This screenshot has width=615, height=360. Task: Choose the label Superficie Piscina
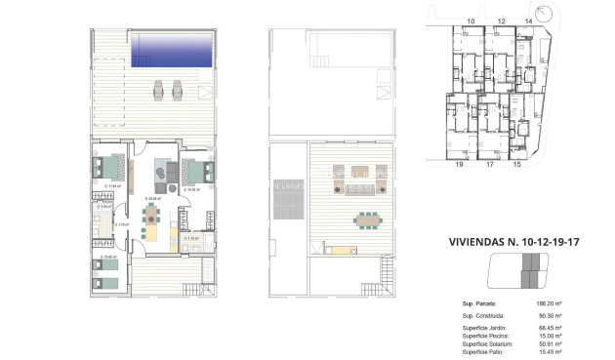click(x=485, y=337)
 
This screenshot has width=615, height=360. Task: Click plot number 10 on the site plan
click(x=471, y=20)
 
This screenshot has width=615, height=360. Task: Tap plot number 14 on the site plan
click(x=529, y=20)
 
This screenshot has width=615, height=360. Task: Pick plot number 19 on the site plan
click(x=457, y=166)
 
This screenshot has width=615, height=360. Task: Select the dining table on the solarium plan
click(x=366, y=220)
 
